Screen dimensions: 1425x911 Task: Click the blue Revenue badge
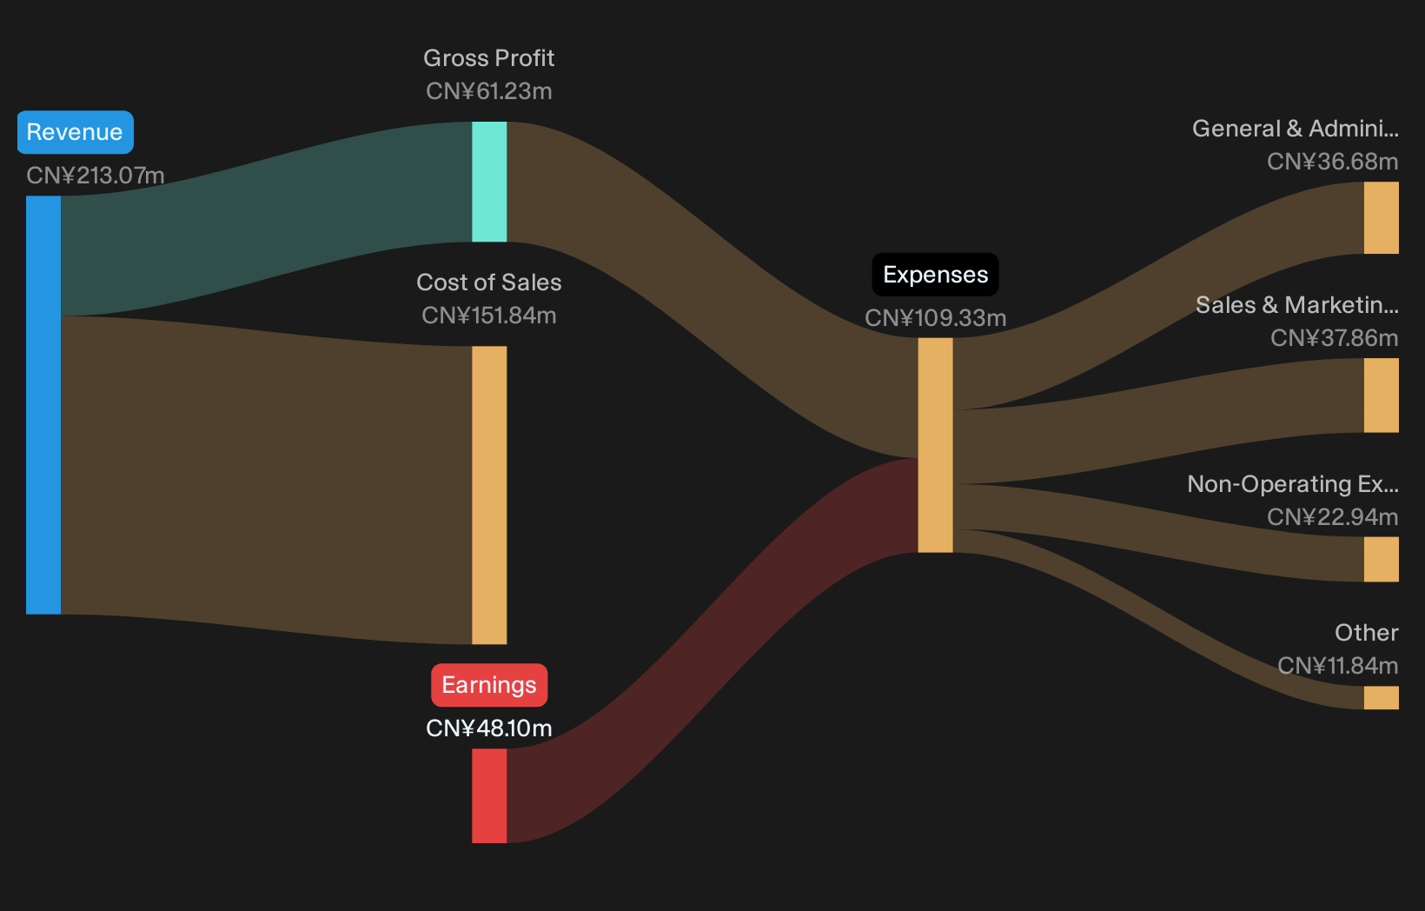75,132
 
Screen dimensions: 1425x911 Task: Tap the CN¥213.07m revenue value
96,175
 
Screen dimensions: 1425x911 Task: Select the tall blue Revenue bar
43,405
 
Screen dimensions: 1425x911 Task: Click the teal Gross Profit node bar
489,182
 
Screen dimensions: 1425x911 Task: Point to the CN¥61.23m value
488,91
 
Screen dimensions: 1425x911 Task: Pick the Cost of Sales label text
488,282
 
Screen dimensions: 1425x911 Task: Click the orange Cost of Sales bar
489,495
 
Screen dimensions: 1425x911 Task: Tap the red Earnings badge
489,685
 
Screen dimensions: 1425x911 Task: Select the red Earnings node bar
489,795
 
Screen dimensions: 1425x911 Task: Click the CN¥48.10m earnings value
488,728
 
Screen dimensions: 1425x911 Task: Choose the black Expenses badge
935,275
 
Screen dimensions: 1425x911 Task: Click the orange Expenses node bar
935,445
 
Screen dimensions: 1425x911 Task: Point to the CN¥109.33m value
935,317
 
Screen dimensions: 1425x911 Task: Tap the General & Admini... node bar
1381,217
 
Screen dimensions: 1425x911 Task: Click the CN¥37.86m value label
1334,338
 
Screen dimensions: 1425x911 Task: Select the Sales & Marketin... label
1297,305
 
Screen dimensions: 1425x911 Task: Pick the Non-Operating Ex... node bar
1381,560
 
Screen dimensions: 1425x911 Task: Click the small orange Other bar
1381,698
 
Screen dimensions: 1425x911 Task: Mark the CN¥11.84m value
1338,666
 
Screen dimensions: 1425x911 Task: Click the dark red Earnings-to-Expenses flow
712,649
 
